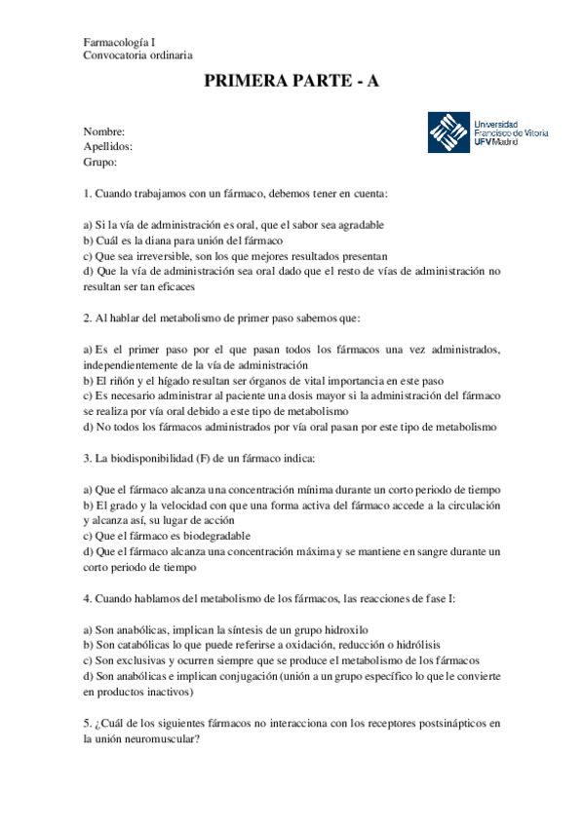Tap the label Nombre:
pos(104,131)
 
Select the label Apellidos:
pos(108,146)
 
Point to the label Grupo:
pos(100,162)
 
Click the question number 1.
pos(87,193)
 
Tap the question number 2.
pos(87,318)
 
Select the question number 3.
pos(87,458)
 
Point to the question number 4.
pos(87,598)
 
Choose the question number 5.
pos(87,723)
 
